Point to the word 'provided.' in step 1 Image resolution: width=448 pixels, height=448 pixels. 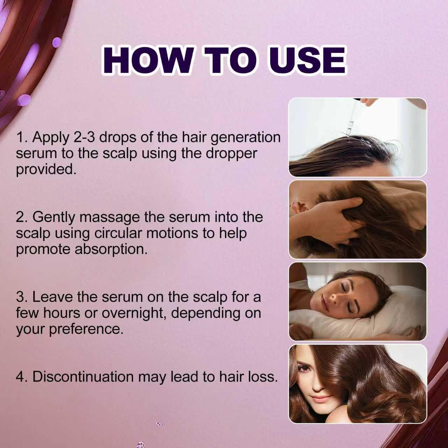(x=46, y=169)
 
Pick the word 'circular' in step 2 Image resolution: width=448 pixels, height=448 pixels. (x=118, y=233)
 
